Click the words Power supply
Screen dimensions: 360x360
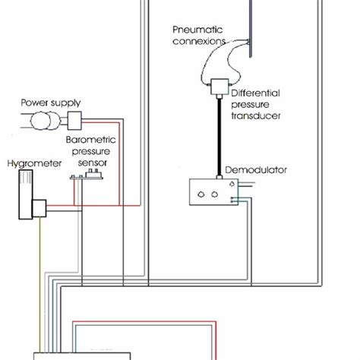point(51,102)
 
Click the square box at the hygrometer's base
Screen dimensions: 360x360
point(39,207)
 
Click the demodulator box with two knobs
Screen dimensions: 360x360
point(210,193)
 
